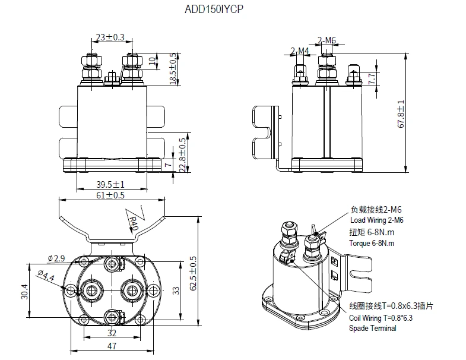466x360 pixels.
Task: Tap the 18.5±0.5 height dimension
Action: point(173,68)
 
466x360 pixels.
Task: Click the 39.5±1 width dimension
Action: point(111,185)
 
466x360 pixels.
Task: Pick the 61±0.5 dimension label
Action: point(111,195)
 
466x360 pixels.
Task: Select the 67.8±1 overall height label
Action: point(401,113)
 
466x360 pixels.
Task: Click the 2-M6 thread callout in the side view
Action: point(327,40)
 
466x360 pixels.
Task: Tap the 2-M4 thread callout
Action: point(300,50)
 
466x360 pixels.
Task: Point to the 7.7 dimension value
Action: point(372,79)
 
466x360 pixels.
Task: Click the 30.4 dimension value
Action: point(24,290)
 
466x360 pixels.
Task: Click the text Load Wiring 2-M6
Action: point(377,220)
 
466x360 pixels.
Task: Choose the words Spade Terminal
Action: point(373,328)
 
